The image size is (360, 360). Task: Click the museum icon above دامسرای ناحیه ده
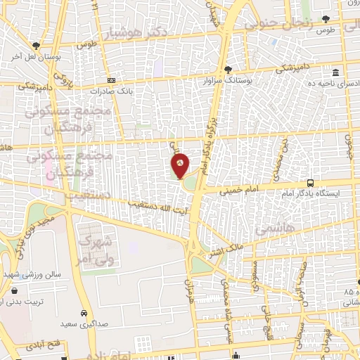pos(335,73)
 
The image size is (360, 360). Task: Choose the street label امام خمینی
pos(223,190)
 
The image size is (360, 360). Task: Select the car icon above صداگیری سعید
pos(84,313)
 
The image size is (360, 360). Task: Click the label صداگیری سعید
pos(87,323)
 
